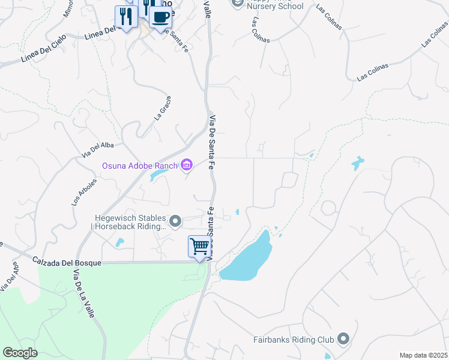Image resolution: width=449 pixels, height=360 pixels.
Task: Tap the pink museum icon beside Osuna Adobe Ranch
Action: [187, 164]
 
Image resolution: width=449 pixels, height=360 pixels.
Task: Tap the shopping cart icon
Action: [199, 246]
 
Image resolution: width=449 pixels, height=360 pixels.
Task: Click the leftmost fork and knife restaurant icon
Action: [125, 17]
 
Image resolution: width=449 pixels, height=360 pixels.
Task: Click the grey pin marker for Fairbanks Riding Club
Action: [343, 340]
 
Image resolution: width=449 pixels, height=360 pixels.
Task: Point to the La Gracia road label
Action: [163, 108]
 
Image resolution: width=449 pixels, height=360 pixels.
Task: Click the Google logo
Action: [20, 353]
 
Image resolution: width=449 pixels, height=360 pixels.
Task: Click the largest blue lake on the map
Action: [247, 257]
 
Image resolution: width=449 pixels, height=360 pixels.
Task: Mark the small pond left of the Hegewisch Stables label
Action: [119, 242]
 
